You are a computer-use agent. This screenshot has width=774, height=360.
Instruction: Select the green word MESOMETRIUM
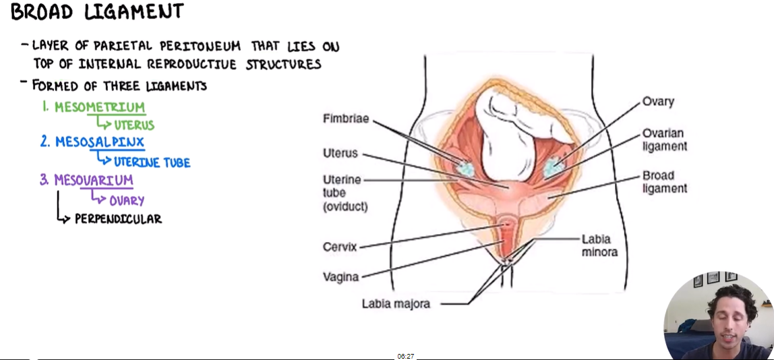click(100, 107)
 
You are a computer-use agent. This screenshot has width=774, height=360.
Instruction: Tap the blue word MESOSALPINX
click(100, 142)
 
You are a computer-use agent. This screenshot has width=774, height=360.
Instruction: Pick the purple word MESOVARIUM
click(94, 181)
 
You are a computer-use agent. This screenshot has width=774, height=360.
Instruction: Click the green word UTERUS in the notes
click(134, 125)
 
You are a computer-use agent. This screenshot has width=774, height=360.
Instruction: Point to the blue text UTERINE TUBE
click(152, 162)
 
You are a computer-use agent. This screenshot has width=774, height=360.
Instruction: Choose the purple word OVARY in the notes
click(127, 200)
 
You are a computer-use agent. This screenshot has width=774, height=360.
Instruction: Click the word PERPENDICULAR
click(118, 219)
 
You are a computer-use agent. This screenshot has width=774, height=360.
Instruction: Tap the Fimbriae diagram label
click(346, 119)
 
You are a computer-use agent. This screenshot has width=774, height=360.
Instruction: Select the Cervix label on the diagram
click(340, 247)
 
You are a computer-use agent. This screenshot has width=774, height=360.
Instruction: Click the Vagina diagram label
click(341, 276)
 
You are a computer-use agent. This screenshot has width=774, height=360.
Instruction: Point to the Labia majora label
click(396, 303)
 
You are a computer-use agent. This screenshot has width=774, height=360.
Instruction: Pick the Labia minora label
click(599, 245)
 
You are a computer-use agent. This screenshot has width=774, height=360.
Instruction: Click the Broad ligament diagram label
click(664, 182)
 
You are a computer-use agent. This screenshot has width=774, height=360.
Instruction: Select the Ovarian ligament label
click(664, 140)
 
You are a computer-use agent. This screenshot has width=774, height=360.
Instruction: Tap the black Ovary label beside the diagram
click(658, 102)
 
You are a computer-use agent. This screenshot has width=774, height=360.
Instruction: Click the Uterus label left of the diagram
click(340, 153)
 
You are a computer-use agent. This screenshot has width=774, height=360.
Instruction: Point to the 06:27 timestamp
click(405, 356)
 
